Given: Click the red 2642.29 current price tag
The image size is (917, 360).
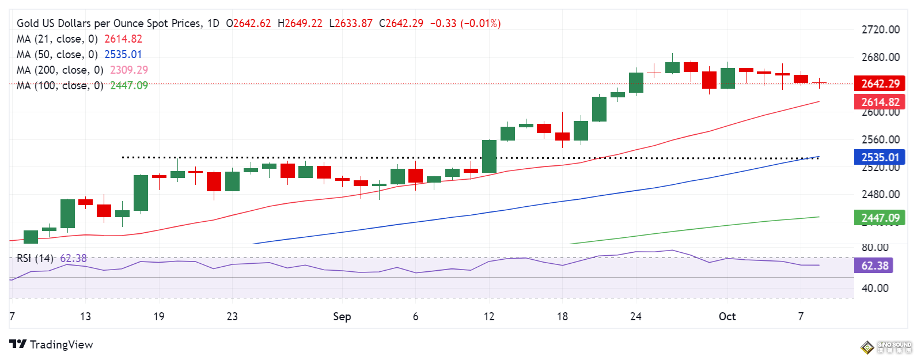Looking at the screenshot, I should (880, 84).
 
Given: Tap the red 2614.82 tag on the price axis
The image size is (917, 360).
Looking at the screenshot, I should (880, 102).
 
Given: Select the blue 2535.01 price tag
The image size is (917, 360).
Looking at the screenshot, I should (880, 157).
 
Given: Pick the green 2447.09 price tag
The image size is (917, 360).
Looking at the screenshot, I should (880, 218).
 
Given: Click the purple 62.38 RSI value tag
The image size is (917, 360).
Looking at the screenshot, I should (874, 266).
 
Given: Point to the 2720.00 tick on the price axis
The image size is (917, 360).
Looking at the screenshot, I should (880, 30).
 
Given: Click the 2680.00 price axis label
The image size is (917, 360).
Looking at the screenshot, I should (880, 57).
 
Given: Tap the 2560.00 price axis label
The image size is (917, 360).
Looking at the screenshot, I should (880, 139).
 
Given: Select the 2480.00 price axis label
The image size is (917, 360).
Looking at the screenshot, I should (880, 194).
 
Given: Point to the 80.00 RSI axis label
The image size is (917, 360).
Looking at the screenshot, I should (874, 247).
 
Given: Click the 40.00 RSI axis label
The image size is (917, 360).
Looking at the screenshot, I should (874, 288).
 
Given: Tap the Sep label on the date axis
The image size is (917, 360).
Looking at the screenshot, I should (342, 316).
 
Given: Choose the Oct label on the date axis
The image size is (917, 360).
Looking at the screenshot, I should (727, 316).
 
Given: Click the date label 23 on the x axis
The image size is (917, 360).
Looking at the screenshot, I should (232, 316).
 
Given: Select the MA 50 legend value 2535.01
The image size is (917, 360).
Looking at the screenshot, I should (123, 55).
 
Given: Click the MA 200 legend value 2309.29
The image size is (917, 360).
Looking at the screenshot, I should (129, 70).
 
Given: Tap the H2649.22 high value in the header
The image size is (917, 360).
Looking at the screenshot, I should (300, 24).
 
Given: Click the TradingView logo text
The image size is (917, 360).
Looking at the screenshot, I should (61, 344).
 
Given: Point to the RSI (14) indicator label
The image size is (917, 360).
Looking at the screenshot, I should (35, 259).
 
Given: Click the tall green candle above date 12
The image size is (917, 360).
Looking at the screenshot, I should (489, 156).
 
